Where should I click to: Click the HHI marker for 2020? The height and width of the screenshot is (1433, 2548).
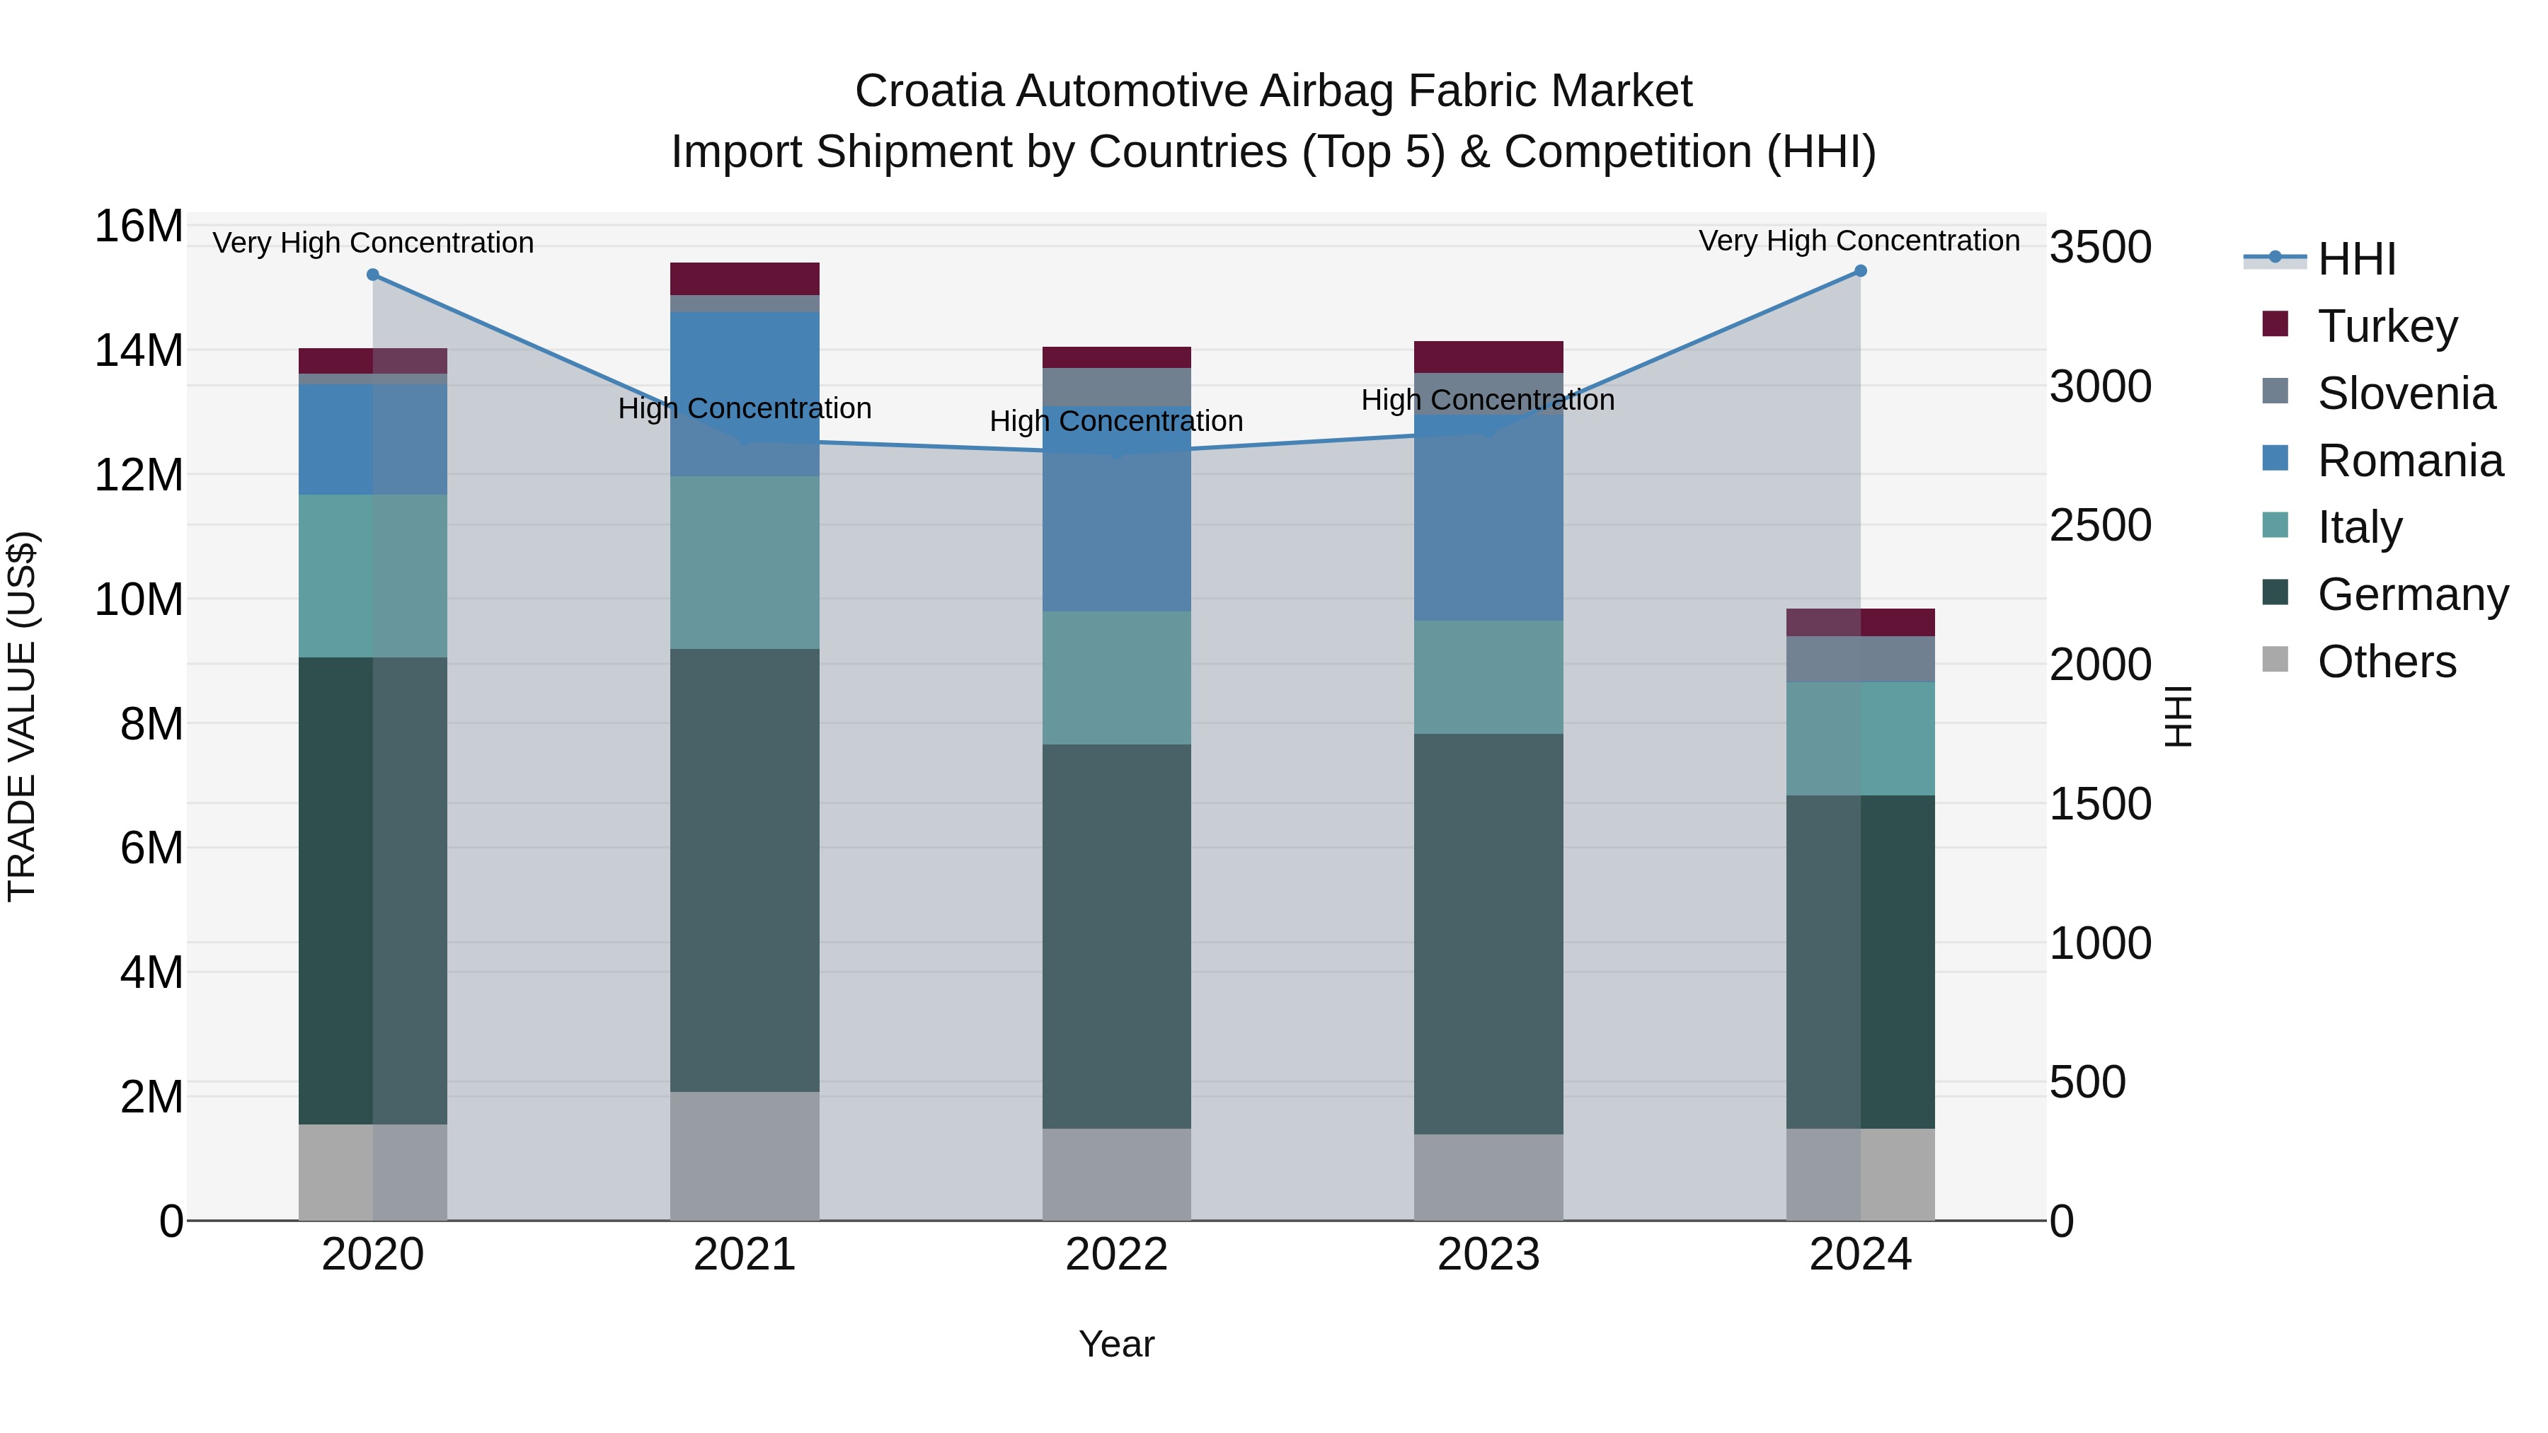click(373, 275)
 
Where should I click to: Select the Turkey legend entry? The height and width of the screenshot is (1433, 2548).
click(2387, 326)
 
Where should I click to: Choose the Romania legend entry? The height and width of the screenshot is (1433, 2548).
click(2409, 461)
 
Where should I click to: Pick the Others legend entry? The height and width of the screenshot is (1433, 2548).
click(2386, 662)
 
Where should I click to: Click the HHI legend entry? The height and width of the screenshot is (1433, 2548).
click(2356, 259)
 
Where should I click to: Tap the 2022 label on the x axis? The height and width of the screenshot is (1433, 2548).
click(1117, 1255)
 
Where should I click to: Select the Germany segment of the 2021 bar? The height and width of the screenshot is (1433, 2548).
click(745, 870)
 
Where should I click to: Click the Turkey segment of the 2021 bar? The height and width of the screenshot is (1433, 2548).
click(745, 279)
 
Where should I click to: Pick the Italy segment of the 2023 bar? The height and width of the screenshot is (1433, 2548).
click(1488, 677)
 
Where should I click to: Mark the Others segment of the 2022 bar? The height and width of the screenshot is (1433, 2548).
click(1117, 1174)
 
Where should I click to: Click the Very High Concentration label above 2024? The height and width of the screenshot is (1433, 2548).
click(1859, 241)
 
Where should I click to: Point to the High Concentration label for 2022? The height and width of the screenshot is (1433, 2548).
click(1115, 421)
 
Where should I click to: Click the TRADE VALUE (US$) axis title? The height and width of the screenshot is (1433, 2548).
click(22, 716)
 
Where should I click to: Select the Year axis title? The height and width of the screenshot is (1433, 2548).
click(1117, 1344)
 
